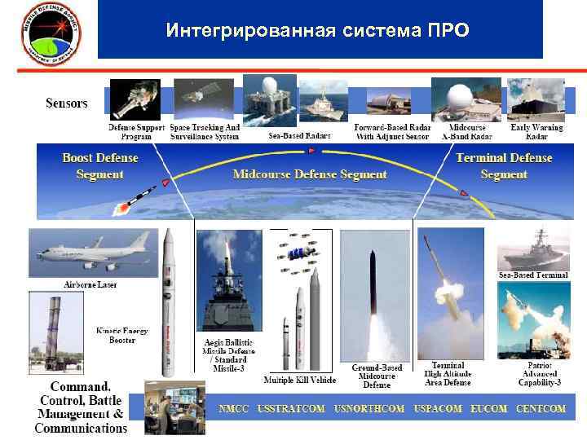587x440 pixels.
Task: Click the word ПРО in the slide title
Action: tap(447, 31)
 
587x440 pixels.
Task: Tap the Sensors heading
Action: tap(66, 103)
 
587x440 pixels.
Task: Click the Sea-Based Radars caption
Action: tap(299, 135)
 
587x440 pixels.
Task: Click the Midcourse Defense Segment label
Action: tap(309, 174)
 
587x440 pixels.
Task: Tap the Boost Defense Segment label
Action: tap(99, 165)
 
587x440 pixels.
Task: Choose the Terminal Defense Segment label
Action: tap(504, 165)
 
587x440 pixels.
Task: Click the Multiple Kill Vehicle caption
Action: tap(299, 380)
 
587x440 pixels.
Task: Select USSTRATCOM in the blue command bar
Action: tap(291, 408)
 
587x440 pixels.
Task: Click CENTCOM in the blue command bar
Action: tap(540, 408)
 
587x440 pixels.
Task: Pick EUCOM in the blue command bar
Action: tap(488, 408)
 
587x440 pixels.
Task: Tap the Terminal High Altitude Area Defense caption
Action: tap(448, 374)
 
